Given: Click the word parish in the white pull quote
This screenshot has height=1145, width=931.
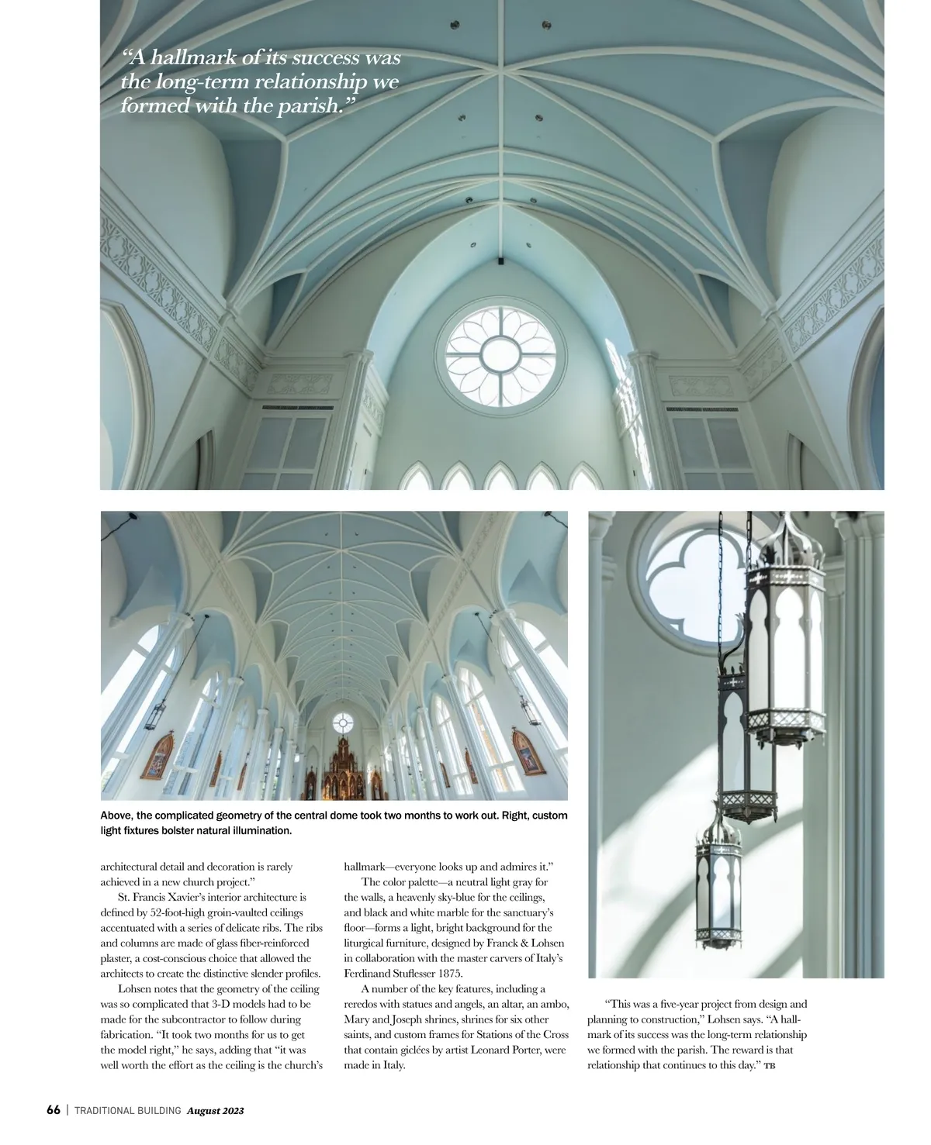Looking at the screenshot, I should (x=310, y=105).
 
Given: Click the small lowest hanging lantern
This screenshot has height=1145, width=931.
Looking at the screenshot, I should (x=718, y=880).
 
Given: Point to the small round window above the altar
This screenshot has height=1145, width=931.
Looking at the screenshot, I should (x=343, y=723).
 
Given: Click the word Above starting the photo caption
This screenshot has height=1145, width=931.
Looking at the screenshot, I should (x=116, y=816).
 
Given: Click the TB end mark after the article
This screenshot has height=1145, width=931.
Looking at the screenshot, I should (x=770, y=1066).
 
